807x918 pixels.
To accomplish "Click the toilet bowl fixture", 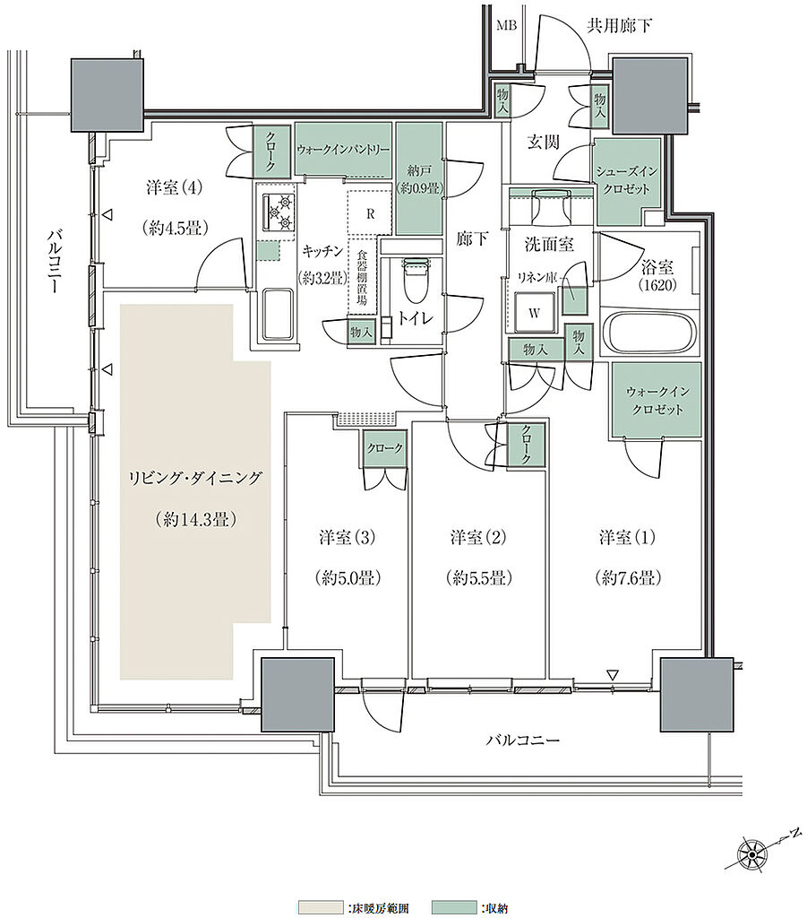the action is (x=417, y=275).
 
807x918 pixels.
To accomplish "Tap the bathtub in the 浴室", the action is (x=649, y=333).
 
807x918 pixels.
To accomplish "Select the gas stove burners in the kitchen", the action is (x=279, y=212).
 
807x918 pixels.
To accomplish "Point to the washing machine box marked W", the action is (x=534, y=313).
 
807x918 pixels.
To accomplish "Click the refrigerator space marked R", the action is (x=370, y=213).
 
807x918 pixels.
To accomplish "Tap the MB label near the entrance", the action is (x=506, y=26).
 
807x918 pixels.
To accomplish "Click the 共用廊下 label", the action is (x=619, y=26).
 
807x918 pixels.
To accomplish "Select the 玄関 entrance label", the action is (x=544, y=142).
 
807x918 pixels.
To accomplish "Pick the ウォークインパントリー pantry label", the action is (x=343, y=150).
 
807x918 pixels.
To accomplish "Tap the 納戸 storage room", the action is (x=419, y=179).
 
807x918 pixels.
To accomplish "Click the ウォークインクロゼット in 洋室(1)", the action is (x=657, y=400).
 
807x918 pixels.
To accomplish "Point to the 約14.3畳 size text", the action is (x=196, y=519).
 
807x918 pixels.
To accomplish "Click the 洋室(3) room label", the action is (x=347, y=537).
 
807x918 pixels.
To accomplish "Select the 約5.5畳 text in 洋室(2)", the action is (x=479, y=578).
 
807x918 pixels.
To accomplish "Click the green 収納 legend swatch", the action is (x=454, y=907).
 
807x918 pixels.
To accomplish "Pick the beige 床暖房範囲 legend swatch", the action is (x=321, y=907).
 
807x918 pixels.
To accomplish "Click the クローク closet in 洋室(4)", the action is (x=271, y=151).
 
